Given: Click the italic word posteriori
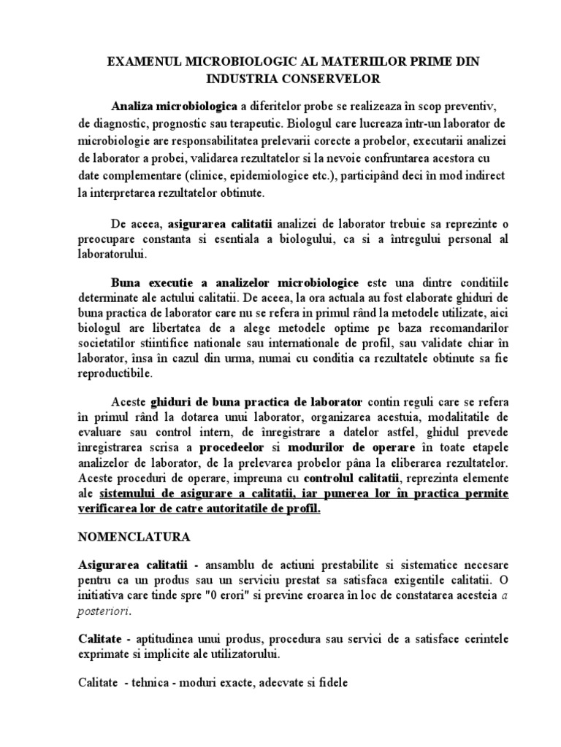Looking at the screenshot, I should click(x=102, y=614).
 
